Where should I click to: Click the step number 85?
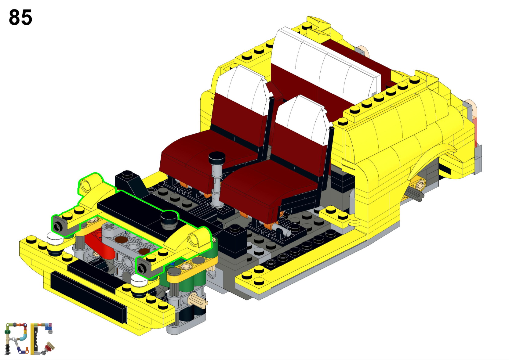coord(20,17)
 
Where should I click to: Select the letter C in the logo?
coord(42,339)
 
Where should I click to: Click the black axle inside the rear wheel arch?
coord(414,195)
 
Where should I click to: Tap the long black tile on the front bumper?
coord(88,297)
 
